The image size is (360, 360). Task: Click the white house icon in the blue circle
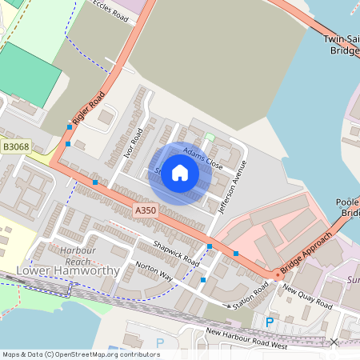[180, 173]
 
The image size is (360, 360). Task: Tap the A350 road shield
[145, 210]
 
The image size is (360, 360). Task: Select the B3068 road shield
[16, 147]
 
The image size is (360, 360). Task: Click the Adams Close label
[202, 158]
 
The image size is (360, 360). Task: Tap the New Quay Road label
[307, 298]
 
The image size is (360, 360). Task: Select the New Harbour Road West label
[246, 338]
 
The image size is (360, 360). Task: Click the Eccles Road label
[110, 10]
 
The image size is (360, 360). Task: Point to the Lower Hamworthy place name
[68, 270]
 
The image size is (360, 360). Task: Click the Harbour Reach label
[78, 255]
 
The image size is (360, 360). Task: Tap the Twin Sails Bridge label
[342, 44]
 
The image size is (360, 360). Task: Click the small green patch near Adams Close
[210, 137]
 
